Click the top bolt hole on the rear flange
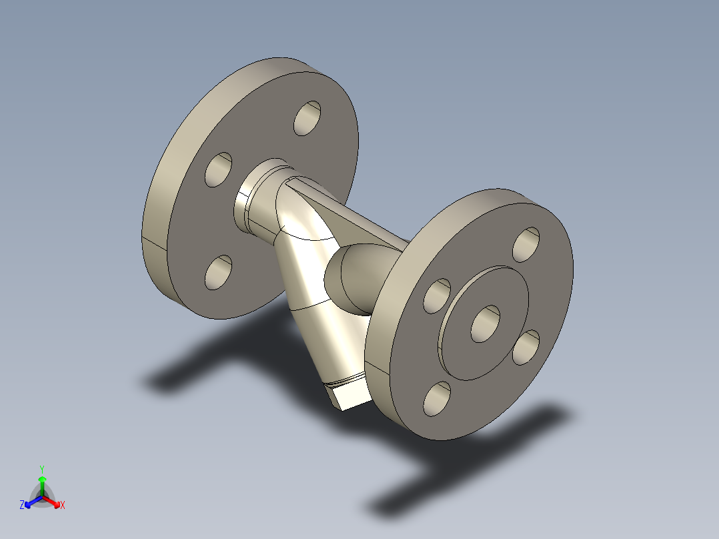(x=307, y=119)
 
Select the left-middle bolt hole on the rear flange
(x=218, y=169)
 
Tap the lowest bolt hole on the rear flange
(x=218, y=272)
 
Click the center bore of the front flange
(x=486, y=324)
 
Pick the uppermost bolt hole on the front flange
(x=526, y=245)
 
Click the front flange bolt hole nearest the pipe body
(x=438, y=296)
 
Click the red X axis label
(x=63, y=506)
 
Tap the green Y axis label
(x=42, y=469)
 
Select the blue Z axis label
(x=22, y=506)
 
